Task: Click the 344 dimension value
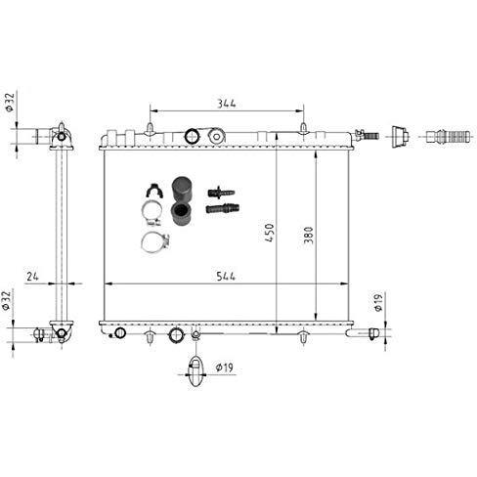tap(227, 102)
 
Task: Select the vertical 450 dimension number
tap(271, 234)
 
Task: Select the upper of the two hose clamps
tap(151, 212)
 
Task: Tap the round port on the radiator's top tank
tap(194, 135)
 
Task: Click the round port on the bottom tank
tap(176, 335)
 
